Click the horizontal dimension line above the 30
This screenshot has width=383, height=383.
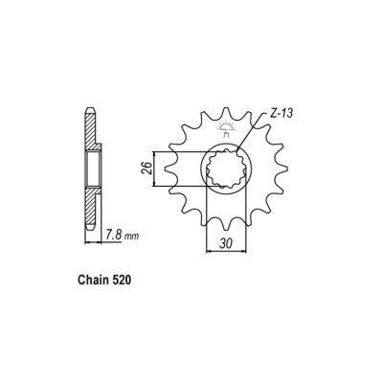(227, 253)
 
